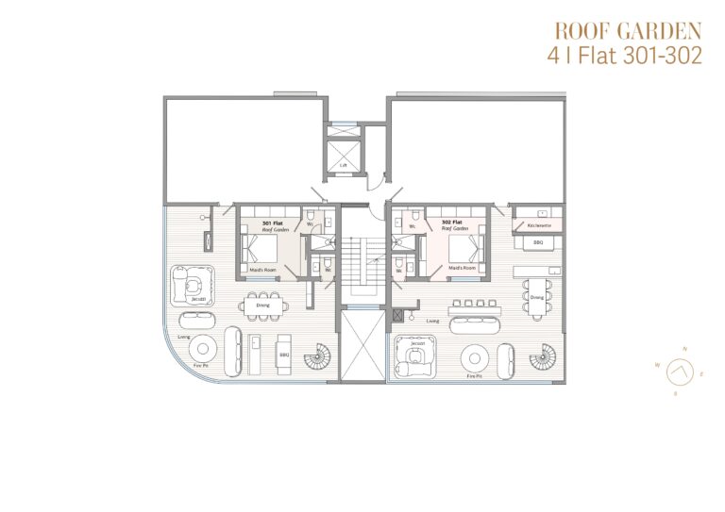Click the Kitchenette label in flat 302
pyautogui.click(x=539, y=227)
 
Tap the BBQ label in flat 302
pyautogui.click(x=538, y=242)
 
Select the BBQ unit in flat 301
pyautogui.click(x=283, y=355)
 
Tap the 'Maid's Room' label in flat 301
pyautogui.click(x=261, y=271)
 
